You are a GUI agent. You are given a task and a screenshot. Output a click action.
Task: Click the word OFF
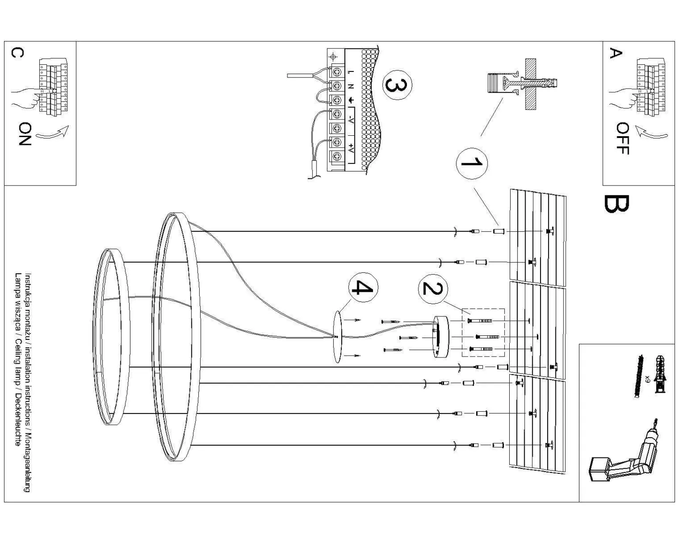[x=622, y=139]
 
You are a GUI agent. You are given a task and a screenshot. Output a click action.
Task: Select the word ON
[x=25, y=134]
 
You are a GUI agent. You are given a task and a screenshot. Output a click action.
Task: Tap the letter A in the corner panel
[x=616, y=53]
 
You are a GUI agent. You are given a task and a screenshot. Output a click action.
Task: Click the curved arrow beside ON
[x=52, y=132]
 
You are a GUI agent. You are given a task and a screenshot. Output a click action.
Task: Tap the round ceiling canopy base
[x=440, y=336]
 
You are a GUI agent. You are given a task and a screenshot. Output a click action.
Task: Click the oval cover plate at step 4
[x=337, y=337]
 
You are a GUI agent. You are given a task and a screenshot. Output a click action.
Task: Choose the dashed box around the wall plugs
[x=483, y=333]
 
